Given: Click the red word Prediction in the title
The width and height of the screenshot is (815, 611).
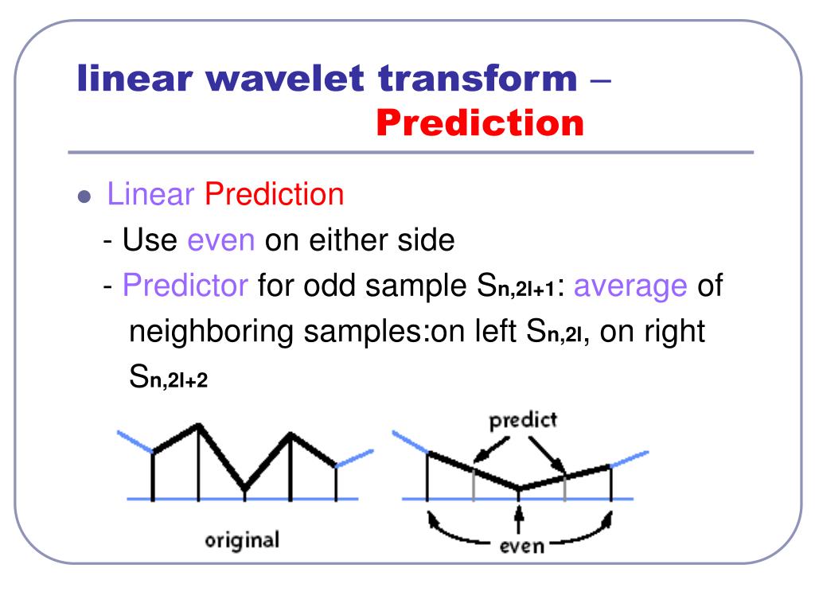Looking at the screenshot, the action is coord(480,123).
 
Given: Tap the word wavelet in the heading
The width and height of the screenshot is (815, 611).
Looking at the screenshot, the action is coord(285,79).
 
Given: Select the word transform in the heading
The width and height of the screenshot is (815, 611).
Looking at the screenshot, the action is coord(478,79).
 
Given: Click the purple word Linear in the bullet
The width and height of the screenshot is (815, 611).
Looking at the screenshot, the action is coord(150,194).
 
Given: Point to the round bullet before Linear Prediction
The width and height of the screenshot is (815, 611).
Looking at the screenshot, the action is coord(84,197).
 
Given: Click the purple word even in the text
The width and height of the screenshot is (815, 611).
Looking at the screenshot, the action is coord(221,241).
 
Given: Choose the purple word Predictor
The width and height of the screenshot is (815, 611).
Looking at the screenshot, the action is coord(185,286).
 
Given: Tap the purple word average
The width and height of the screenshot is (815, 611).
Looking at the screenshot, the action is coord(630,286).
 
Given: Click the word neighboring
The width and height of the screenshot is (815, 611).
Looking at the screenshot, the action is coord(211,333).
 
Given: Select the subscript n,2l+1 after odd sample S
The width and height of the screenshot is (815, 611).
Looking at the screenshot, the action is coord(527,289).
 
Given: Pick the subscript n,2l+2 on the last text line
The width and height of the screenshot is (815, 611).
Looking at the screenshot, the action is coord(179,381).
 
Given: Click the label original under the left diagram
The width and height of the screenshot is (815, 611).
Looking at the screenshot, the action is coord(242,541).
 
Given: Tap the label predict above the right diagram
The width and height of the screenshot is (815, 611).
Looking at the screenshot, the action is coord(523,420).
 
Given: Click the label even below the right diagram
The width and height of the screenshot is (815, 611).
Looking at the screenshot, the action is coord(521,546).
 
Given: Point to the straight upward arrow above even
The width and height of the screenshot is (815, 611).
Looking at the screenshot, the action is coord(518,519).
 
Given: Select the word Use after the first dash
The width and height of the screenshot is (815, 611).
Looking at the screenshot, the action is coord(150,240).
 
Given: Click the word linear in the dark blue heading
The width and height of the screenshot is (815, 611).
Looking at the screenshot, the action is coord(135,79).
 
